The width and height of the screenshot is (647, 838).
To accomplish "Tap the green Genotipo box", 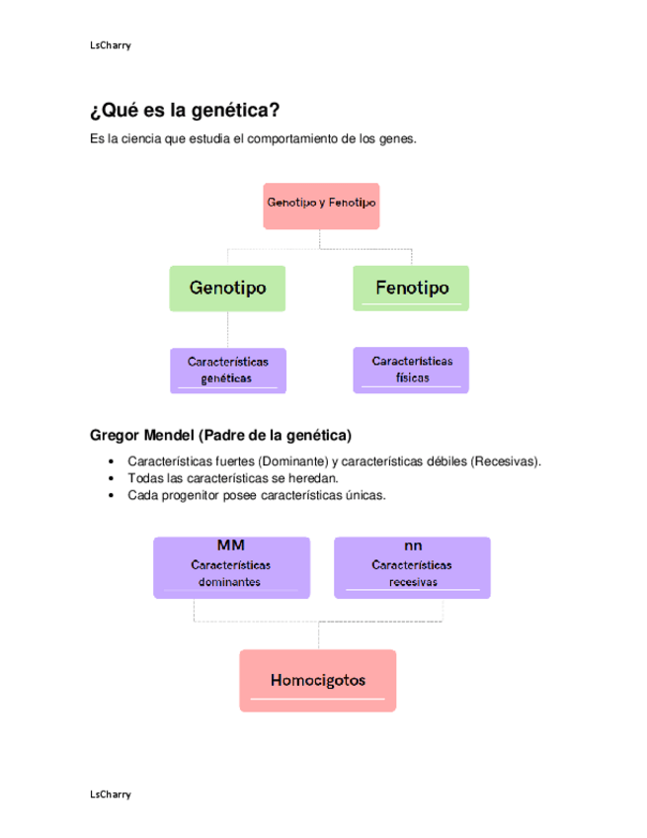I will (x=227, y=289).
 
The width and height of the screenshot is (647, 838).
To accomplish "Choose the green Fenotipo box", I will (x=411, y=289).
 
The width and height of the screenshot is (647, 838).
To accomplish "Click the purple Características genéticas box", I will (x=227, y=370).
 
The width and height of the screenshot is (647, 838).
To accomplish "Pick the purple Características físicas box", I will (x=411, y=370).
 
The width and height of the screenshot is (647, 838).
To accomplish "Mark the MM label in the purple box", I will (x=231, y=545).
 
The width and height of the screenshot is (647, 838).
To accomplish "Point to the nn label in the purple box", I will (x=412, y=545).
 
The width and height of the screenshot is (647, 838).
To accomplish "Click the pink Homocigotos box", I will (x=318, y=681).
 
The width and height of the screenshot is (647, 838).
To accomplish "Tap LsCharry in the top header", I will (x=110, y=45).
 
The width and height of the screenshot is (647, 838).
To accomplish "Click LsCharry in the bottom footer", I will (x=110, y=795).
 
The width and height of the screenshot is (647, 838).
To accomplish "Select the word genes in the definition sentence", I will (x=398, y=140).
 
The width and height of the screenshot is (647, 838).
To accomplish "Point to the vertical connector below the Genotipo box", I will (x=228, y=329).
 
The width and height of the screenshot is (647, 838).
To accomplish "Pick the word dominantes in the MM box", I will (x=230, y=582).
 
